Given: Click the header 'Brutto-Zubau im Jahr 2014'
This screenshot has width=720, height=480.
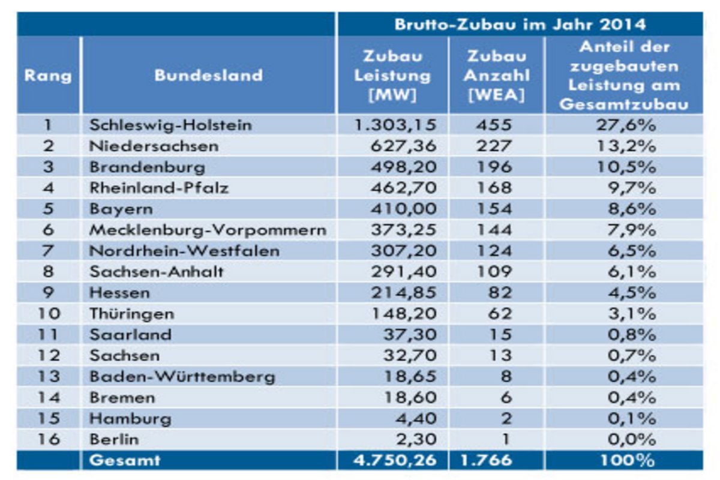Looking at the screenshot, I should (x=520, y=25).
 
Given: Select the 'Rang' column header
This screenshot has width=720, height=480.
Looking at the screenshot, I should (x=48, y=76).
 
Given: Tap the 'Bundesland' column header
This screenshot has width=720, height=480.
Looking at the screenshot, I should (x=208, y=76).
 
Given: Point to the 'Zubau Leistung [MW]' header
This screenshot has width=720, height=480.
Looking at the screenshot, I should (x=392, y=76).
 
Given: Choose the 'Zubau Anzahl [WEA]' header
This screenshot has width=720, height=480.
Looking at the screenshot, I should (x=496, y=76).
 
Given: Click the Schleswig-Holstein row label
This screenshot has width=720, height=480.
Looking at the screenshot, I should (x=170, y=125).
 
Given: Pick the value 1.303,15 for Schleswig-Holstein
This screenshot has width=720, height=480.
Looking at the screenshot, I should (x=392, y=125).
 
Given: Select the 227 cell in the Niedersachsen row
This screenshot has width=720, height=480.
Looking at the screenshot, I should (x=496, y=146).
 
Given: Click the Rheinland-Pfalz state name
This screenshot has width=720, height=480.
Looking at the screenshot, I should (x=159, y=188).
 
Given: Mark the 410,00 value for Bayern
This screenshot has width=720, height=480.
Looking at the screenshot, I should (x=403, y=209).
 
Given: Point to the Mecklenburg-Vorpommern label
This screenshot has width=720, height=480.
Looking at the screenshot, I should (x=208, y=230).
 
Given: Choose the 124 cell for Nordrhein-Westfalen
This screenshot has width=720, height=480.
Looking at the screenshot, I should (x=496, y=251).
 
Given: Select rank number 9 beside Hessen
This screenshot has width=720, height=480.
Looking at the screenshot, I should (x=49, y=293).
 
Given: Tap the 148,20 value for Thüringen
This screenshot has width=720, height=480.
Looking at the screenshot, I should (x=403, y=314).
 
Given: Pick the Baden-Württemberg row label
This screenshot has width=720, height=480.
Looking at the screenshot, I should (x=182, y=377).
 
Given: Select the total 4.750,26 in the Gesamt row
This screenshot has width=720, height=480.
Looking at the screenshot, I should (x=392, y=460).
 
